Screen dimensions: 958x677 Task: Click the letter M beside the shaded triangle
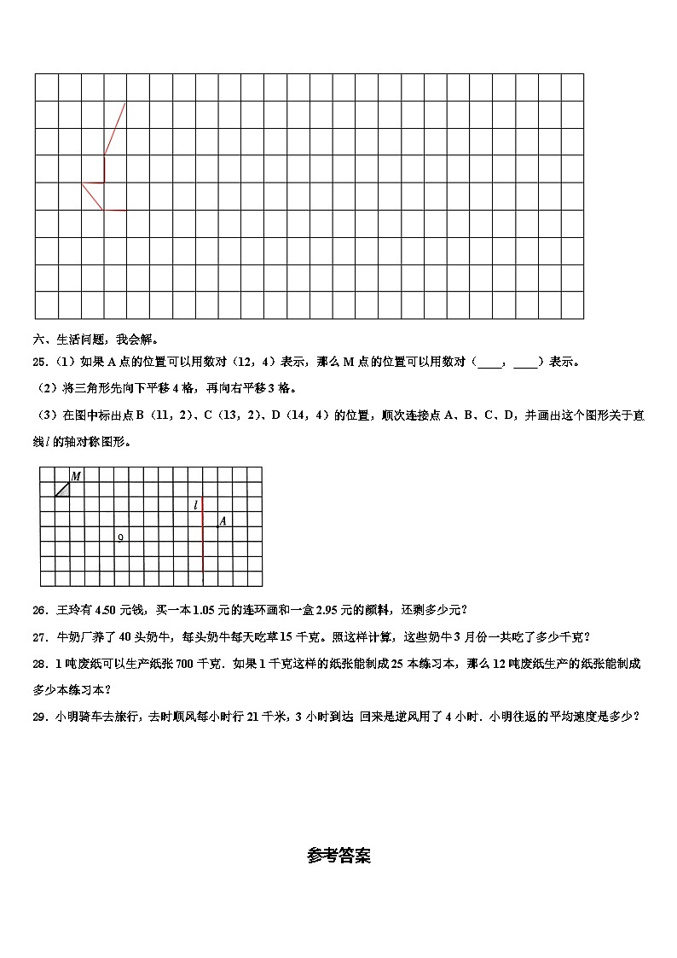[76, 476]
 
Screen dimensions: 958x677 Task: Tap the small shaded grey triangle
[63, 490]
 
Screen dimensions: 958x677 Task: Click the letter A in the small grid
[223, 520]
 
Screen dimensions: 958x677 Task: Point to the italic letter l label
[196, 505]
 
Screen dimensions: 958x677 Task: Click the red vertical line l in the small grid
[203, 546]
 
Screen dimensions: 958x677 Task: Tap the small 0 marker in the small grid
[120, 537]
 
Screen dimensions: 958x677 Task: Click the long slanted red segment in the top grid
[115, 129]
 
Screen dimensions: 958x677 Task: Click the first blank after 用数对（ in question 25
[490, 362]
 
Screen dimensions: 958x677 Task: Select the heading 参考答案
[338, 856]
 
